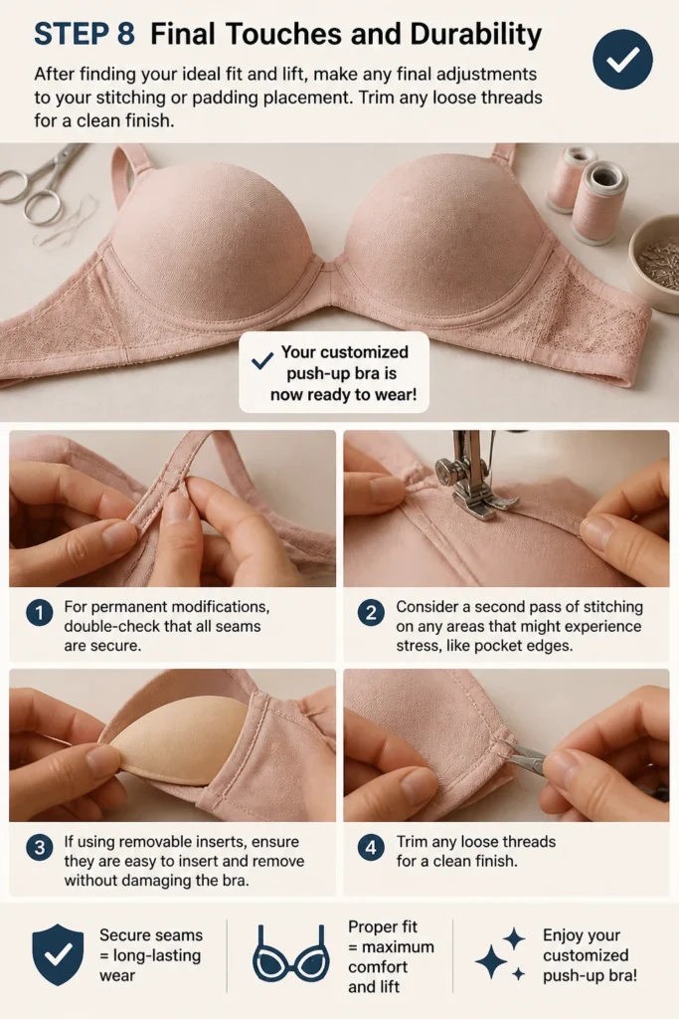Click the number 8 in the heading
pyautogui.click(x=125, y=34)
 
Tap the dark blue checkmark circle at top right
pyautogui.click(x=622, y=59)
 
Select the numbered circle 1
pyautogui.click(x=39, y=613)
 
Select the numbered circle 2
pyautogui.click(x=371, y=613)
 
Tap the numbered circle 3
pyautogui.click(x=39, y=848)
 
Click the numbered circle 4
pyautogui.click(x=371, y=848)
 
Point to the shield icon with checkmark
pyautogui.click(x=58, y=954)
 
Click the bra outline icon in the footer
pyautogui.click(x=289, y=953)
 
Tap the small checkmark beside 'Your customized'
pyautogui.click(x=261, y=360)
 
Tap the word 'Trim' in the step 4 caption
pyautogui.click(x=413, y=842)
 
